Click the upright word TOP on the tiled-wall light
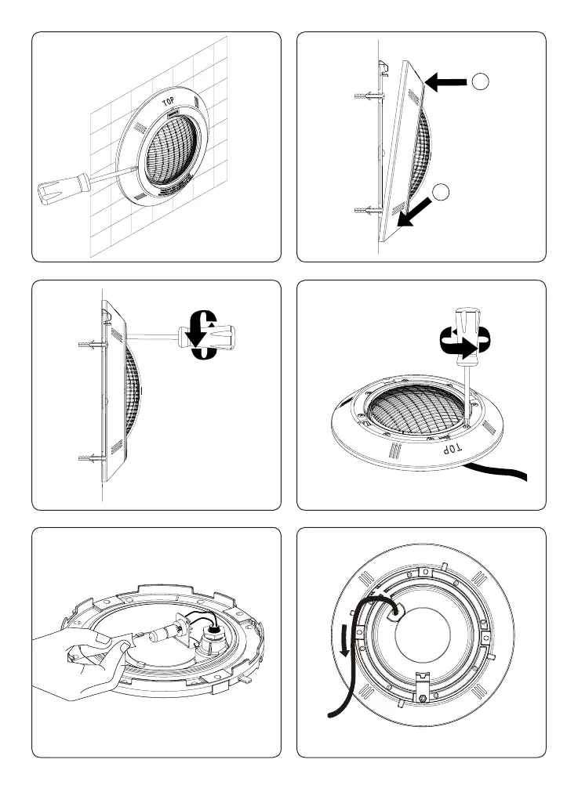pyautogui.click(x=167, y=102)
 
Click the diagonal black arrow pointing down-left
pyautogui.click(x=415, y=211)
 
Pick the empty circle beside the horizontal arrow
pyautogui.click(x=482, y=81)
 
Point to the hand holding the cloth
pyautogui.click(x=75, y=666)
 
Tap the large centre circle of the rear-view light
pyautogui.click(x=424, y=642)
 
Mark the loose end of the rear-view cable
pyautogui.click(x=333, y=714)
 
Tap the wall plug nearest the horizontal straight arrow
pyautogui.click(x=370, y=99)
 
